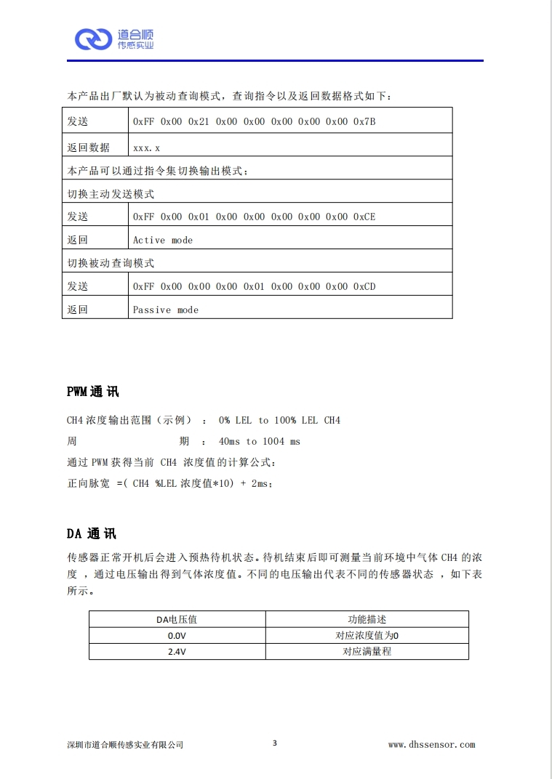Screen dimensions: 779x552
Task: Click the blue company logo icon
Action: pos(92,39)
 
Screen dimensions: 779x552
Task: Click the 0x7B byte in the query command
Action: pos(364,121)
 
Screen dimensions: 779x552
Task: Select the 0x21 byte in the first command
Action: pos(199,121)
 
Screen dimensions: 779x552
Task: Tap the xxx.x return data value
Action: pos(146,148)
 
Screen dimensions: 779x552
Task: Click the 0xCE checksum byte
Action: pos(364,217)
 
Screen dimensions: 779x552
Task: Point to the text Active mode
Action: pos(162,240)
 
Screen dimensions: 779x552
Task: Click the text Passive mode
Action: pos(165,310)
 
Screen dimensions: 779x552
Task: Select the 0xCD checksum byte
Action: pos(364,286)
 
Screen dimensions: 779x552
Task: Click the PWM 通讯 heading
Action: pos(92,392)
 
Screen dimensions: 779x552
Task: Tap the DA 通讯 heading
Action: pos(91,533)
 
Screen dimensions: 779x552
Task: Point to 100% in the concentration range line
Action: pos(287,420)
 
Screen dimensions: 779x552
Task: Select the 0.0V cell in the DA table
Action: pos(177,635)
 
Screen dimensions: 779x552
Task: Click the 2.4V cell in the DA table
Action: pos(177,651)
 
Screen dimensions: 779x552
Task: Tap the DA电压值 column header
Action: pos(177,619)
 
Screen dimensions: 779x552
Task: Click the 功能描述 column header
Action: pos(367,619)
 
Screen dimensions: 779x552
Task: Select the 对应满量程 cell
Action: pos(367,651)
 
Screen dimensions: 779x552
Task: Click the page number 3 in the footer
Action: pos(274,743)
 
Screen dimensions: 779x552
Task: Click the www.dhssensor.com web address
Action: pos(431,744)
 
